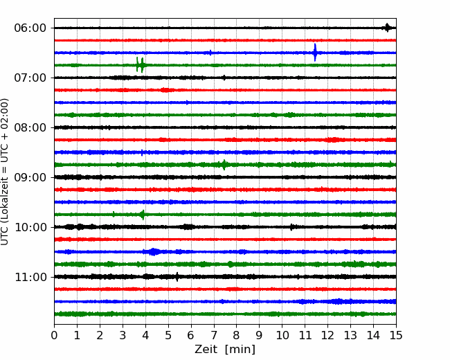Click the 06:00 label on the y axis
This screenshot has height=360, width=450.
click(30, 28)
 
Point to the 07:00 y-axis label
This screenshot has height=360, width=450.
click(30, 78)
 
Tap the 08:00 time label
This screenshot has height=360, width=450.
click(30, 127)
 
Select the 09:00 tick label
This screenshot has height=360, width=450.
click(30, 177)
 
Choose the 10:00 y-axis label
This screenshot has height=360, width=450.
click(30, 227)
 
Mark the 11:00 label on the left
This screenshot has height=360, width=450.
click(30, 277)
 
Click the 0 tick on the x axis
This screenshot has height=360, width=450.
click(54, 335)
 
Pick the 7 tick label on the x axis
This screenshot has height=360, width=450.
click(214, 335)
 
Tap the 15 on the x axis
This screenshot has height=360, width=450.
click(396, 335)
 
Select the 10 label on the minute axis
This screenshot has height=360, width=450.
click(282, 335)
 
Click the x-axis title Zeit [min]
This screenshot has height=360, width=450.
click(225, 350)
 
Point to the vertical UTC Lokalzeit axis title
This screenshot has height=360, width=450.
click(5, 172)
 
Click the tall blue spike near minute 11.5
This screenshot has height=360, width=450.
click(315, 53)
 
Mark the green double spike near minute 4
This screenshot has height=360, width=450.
click(140, 65)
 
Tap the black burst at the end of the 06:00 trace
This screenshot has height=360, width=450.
click(387, 28)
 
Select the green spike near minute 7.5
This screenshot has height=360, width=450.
click(224, 165)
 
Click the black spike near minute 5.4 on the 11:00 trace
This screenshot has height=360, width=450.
click(177, 277)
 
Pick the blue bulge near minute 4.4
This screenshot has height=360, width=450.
click(154, 252)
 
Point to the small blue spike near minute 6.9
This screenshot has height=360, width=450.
click(210, 53)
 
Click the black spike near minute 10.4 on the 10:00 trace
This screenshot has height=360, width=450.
click(291, 227)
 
